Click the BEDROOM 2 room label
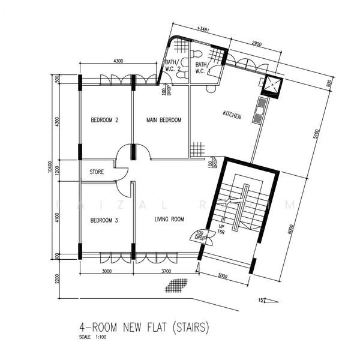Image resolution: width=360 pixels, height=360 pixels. coord(104,120)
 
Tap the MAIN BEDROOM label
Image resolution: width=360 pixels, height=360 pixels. coord(164,120)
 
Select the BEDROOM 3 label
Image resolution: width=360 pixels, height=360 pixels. coord(104,220)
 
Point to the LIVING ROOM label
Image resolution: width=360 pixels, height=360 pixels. coord(169,220)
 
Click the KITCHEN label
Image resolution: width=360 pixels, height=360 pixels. coord(232,115)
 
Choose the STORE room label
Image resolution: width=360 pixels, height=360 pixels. coord(97,172)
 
